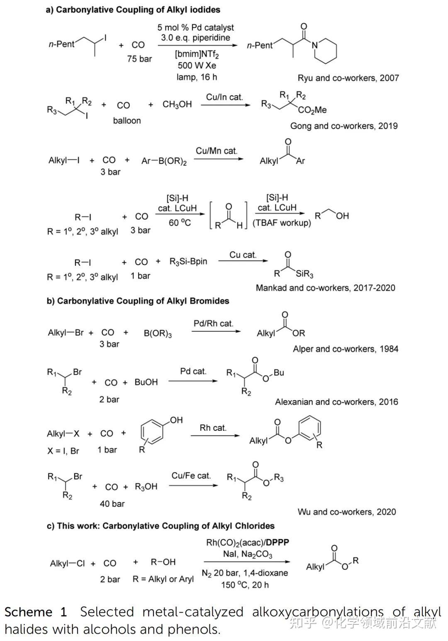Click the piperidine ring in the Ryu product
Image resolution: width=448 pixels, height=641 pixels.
click(326, 51)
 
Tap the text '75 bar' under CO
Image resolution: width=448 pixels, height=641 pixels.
click(139, 59)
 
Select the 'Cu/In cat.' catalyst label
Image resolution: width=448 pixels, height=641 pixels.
click(224, 97)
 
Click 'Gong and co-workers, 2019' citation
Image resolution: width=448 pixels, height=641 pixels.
click(343, 126)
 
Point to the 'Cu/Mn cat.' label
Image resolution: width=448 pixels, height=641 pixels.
click(217, 151)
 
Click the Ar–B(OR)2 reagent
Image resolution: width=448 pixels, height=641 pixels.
click(164, 161)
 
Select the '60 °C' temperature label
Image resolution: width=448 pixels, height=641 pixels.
click(180, 223)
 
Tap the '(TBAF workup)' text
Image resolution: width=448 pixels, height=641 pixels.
click(282, 223)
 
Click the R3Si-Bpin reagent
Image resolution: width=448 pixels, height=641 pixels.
click(188, 262)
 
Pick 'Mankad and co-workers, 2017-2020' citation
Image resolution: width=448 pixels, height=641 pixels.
click(325, 288)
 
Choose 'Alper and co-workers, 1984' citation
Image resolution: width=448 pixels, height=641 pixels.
click(345, 349)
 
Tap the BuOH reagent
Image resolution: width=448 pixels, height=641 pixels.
click(146, 382)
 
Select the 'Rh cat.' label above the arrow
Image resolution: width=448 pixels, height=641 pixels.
click(213, 427)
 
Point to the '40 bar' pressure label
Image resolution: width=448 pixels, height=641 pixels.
click(112, 504)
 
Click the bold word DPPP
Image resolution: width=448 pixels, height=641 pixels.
click(278, 542)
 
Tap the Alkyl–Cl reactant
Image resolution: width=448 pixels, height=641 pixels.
click(67, 563)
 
